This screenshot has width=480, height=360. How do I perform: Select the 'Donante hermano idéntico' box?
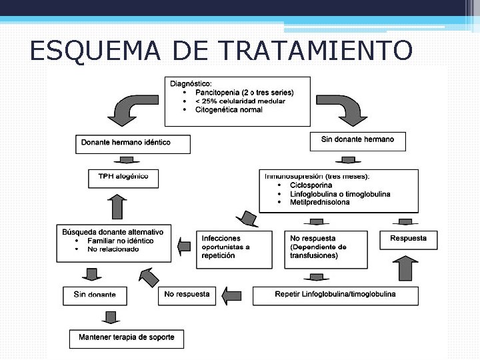click(133, 143)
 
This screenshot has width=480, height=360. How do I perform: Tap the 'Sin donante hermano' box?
click(357, 140)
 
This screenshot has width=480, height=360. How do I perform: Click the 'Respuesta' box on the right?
click(408, 239)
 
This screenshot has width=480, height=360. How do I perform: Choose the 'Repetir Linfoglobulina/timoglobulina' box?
click(335, 295)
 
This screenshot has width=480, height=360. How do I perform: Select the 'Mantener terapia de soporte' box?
click(126, 337)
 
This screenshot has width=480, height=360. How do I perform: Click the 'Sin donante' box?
click(94, 295)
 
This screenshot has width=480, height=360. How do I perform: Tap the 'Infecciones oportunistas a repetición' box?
click(234, 247)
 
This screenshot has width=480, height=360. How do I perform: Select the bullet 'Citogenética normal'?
click(229, 110)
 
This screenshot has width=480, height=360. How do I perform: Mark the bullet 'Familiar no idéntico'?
click(120, 241)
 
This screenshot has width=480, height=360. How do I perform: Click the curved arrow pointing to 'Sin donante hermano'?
click(343, 109)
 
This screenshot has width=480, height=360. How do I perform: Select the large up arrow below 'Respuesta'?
click(405, 269)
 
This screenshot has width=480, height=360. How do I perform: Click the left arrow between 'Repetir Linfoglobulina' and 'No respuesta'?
click(232, 295)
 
